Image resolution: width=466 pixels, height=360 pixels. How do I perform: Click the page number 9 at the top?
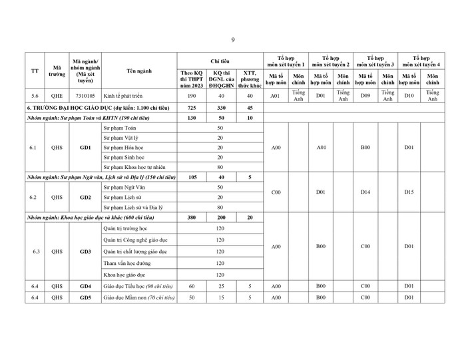(233, 39)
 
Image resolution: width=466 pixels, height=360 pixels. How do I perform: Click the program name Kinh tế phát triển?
(125, 95)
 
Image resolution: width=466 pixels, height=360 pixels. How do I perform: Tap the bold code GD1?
(85, 147)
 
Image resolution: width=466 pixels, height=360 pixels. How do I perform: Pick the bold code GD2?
(85, 198)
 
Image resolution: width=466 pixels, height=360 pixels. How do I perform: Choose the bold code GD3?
(85, 252)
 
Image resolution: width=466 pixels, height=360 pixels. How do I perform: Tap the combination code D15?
(409, 192)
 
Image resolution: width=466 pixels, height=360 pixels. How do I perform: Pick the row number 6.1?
(35, 147)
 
